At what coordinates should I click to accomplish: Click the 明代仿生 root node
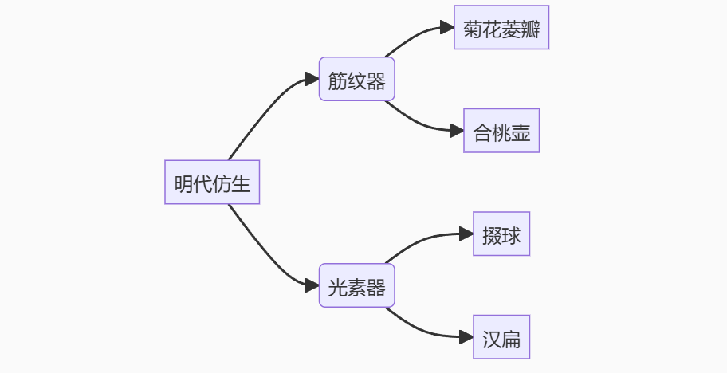coord(212,183)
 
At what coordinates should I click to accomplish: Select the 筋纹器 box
coord(356,79)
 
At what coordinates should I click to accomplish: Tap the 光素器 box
coord(356,285)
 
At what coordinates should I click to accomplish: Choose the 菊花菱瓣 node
coord(501,28)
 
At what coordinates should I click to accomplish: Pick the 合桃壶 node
coord(501,131)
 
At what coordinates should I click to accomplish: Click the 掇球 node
coord(501,234)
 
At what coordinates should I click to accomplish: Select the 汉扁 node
coord(501,337)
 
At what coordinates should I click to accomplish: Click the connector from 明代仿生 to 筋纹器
coord(263,109)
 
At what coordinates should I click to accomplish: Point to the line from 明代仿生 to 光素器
coord(263,256)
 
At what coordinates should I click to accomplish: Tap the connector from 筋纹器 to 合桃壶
coord(419,122)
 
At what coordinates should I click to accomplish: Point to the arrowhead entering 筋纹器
coord(312,79)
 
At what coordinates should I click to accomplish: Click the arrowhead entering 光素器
coord(312,285)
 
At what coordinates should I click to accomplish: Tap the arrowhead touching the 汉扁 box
coord(466,337)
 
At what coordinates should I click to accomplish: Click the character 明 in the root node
coord(184,183)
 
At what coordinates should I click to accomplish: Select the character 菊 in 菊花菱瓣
coord(473,29)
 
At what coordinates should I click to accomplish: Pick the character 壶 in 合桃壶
coord(521,132)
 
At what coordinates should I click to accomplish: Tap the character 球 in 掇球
coord(511,235)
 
